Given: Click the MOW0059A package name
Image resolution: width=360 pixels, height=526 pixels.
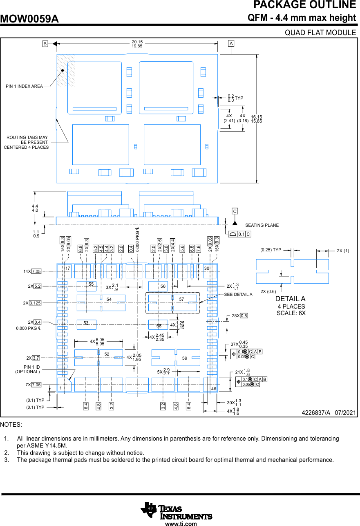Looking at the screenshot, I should coord(29,19).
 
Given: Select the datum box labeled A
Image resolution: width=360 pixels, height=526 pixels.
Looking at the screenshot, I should coord(231,43).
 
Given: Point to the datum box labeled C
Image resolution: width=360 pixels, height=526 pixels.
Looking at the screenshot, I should coord(235,211).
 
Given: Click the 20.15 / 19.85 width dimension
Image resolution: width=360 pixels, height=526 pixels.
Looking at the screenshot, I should coord(137,44).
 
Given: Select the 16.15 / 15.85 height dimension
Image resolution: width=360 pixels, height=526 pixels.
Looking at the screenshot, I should coord(257,119).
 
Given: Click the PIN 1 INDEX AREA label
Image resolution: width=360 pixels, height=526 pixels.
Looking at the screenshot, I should coord(24,86).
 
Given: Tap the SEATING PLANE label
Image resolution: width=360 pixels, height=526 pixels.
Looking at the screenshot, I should coord(262,225).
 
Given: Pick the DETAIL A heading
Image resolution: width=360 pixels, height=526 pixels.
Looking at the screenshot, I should coord(290,299).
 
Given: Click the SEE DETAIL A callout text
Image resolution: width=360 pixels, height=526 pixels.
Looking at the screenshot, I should coord(238,294).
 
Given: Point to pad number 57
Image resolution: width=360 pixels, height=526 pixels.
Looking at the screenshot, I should coord(182,300).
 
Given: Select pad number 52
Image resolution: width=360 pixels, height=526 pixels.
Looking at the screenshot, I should coord(107,354).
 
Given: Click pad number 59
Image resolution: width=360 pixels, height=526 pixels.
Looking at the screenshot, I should coord(185,358).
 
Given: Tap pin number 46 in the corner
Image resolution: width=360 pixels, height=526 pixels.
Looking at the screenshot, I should coord(213,389).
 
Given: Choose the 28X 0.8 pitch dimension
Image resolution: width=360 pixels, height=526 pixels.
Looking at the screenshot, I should coord(240,316).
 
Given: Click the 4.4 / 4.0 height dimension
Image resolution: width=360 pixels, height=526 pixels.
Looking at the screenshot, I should coord(35,208).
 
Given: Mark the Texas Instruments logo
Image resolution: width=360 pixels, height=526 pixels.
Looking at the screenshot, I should coord(176,511).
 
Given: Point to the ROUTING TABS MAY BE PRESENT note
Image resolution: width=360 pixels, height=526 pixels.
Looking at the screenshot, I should coord(27,142).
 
